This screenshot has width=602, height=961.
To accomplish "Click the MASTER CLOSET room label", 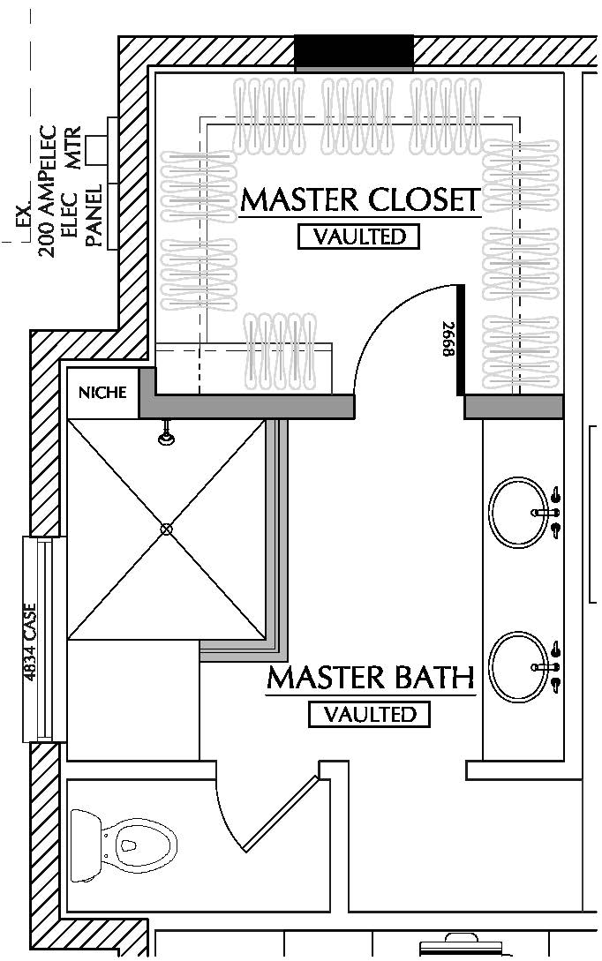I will (x=360, y=199).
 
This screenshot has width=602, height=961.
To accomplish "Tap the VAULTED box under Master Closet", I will (x=358, y=236).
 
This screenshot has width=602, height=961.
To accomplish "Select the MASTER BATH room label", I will (x=371, y=678).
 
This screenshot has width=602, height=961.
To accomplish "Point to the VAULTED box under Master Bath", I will (x=369, y=714).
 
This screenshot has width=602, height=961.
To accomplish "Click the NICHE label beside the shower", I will (x=103, y=393).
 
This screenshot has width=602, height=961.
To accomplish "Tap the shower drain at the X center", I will (x=166, y=529).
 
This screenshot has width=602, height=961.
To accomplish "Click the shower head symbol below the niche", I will (x=165, y=433).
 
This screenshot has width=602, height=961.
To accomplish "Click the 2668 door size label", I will (x=448, y=339).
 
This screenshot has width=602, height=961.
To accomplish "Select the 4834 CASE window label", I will (x=31, y=640).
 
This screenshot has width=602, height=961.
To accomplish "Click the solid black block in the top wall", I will (x=353, y=52).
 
